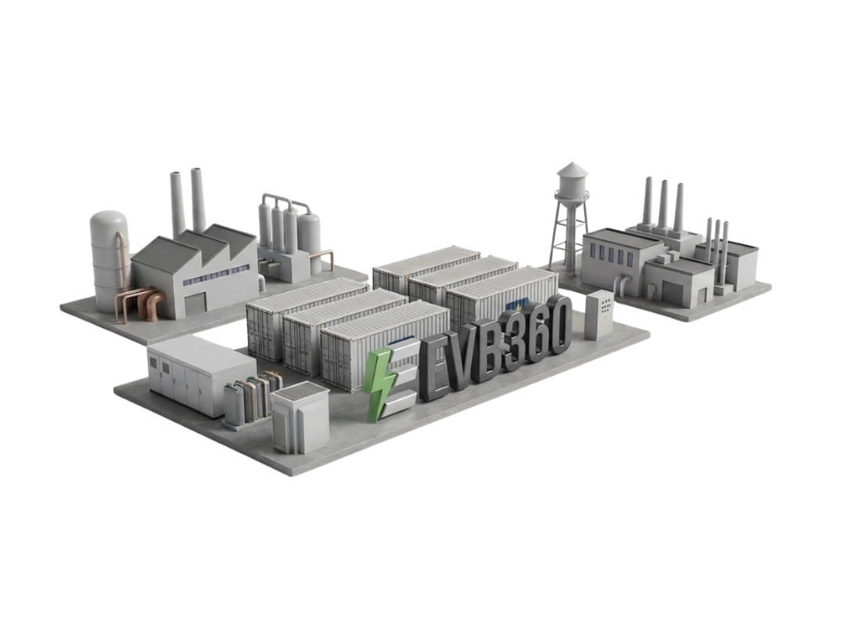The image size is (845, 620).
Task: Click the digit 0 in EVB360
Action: coord(559,323)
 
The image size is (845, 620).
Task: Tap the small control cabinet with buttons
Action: coord(600,315)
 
